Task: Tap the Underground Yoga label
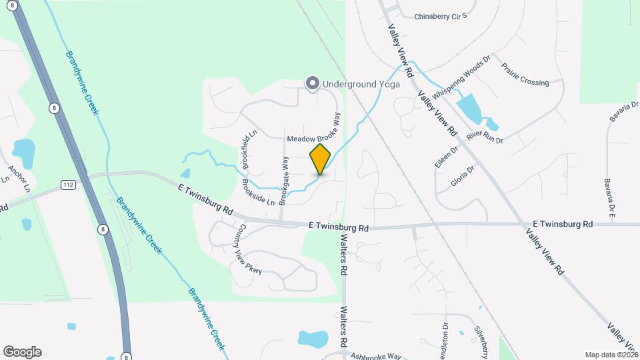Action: point(361,84)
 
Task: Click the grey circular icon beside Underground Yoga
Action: point(312,83)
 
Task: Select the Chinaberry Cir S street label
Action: point(441,15)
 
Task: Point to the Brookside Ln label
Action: point(258,192)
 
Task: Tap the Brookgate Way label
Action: point(284,179)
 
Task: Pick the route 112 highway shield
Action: point(68,183)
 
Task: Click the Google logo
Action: point(22,351)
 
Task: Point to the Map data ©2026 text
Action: point(611,355)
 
